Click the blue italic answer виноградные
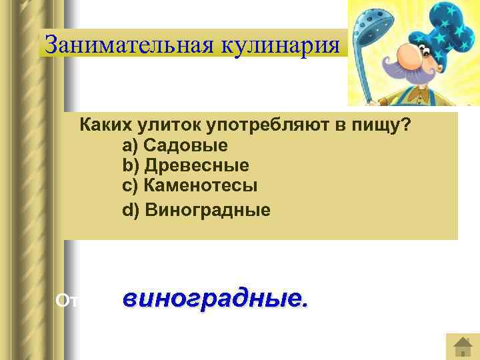pos(215,299)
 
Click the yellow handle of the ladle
pos(364,73)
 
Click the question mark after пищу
pos(405,125)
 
